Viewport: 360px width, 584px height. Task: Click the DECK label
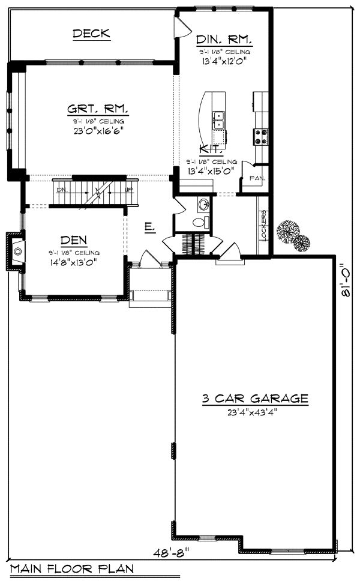tap(91, 34)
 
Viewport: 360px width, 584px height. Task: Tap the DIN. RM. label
tap(224, 40)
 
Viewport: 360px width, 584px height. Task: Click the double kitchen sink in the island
tap(218, 120)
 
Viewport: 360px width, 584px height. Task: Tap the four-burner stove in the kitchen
tap(262, 137)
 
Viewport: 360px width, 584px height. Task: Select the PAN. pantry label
tap(257, 178)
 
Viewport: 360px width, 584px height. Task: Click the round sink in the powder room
tap(205, 205)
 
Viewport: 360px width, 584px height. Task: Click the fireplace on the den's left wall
tap(16, 251)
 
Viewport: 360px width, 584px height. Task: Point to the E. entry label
tap(150, 227)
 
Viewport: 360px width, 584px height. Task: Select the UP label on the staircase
tap(128, 190)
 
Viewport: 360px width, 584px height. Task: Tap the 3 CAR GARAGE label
tap(254, 398)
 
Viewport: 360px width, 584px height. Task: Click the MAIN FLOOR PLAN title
tap(71, 569)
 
